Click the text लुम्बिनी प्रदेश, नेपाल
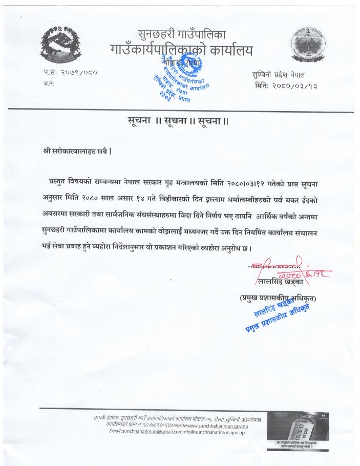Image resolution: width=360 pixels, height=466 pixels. click(x=288, y=74)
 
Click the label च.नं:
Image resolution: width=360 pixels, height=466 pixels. click(x=49, y=83)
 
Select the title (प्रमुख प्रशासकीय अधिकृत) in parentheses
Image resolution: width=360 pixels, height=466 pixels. click(x=277, y=298)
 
